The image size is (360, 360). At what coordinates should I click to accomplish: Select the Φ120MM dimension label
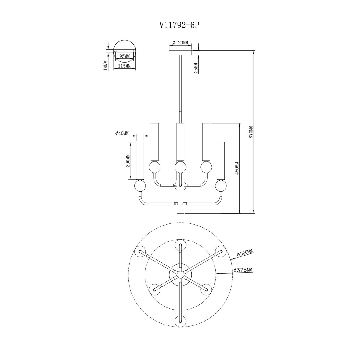click(180, 43)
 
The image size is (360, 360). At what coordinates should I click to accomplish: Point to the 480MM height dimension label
click(237, 168)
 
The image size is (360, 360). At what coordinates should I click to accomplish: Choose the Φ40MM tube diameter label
click(122, 133)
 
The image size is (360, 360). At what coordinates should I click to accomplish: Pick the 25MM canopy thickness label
click(196, 68)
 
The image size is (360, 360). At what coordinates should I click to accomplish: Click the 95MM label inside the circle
click(124, 56)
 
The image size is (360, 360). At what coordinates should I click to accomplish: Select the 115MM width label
click(124, 66)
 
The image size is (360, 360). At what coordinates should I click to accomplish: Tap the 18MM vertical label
click(106, 66)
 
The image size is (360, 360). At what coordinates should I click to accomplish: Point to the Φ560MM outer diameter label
click(244, 253)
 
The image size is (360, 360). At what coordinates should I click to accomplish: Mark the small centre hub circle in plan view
click(181, 274)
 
